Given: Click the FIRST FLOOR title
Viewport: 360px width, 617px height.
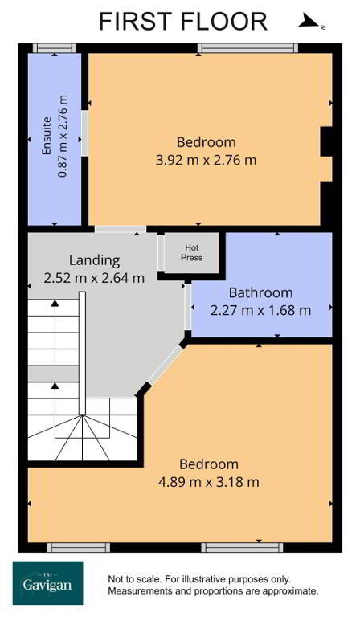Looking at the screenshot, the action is click(183, 21).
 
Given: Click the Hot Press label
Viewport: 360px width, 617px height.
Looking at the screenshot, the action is click(191, 252).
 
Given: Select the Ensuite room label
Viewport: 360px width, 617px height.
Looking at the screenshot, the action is click(47, 136).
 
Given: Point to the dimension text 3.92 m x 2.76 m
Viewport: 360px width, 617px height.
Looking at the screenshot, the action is click(207, 161).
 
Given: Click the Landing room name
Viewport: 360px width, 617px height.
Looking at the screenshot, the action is click(95, 260).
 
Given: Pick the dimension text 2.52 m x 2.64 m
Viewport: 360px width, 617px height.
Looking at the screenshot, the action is click(95, 278).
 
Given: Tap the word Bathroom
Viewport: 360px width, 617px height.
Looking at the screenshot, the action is click(261, 292).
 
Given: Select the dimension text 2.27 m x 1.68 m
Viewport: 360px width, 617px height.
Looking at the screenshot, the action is click(261, 310).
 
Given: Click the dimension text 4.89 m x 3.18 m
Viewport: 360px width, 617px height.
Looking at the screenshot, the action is click(208, 482).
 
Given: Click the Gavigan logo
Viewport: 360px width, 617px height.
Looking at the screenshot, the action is click(48, 582).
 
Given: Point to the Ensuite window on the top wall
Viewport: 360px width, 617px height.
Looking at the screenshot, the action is click(55, 48).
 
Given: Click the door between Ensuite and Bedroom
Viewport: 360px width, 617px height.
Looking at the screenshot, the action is click(84, 133).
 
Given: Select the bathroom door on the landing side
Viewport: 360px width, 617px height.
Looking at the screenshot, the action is click(188, 307).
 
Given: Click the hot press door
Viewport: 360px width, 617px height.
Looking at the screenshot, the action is click(161, 253).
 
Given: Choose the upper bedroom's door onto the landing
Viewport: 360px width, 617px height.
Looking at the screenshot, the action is click(121, 229).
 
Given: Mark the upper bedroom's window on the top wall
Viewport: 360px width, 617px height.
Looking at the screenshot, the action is click(247, 48).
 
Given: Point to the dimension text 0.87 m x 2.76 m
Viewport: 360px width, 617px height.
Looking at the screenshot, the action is click(63, 136).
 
